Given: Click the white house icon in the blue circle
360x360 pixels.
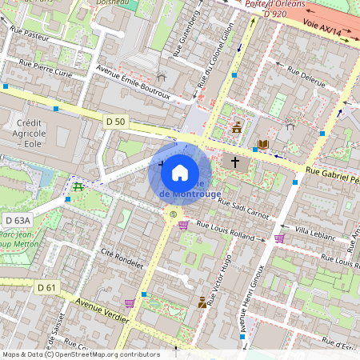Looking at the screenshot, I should [x=179, y=172].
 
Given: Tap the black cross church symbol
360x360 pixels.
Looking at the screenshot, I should [x=235, y=162].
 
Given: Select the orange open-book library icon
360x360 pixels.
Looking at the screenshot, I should [x=262, y=145].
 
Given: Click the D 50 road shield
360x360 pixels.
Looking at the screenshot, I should [x=116, y=121].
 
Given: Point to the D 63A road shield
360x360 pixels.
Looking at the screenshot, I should [x=18, y=220].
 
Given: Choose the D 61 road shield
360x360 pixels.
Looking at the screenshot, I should [x=46, y=286].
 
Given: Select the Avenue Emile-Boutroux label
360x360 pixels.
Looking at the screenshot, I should [x=133, y=82].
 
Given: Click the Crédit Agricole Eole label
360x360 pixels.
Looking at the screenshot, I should [x=32, y=135].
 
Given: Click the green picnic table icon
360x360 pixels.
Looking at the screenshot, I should [x=78, y=186].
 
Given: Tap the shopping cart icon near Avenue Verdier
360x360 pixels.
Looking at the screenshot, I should [x=130, y=302].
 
